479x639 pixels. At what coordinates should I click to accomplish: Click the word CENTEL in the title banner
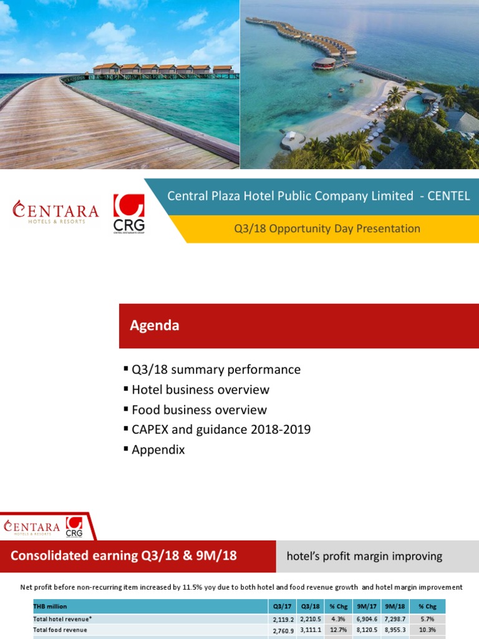pos(448,196)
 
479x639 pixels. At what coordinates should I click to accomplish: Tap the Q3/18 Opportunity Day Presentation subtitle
pos(327,228)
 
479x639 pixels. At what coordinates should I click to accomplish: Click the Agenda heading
pos(154,325)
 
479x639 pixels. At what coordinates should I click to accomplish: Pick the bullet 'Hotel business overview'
pos(200,389)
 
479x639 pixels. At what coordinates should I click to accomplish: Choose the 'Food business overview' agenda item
pos(199,409)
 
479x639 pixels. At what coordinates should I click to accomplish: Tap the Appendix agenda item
pos(158,449)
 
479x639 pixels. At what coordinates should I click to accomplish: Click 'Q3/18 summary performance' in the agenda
pos(216,369)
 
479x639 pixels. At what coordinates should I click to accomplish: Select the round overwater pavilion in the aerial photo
pos(324,64)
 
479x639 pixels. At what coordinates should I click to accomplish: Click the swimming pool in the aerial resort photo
pos(416,104)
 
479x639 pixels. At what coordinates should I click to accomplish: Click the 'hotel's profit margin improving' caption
pos(364,556)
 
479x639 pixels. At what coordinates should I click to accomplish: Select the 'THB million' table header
pos(50,606)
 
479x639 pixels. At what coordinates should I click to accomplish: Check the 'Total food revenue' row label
pos(60,630)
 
